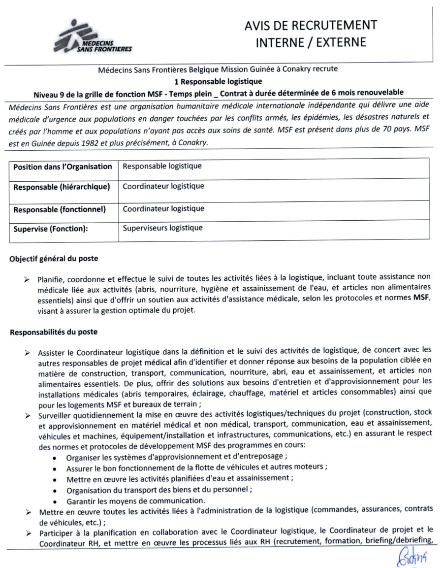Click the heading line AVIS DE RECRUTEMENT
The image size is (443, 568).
click(x=311, y=25)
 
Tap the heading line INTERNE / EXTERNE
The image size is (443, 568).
click(x=311, y=42)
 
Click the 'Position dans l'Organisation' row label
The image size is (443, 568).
click(x=63, y=167)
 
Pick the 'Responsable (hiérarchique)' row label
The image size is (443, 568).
click(x=62, y=187)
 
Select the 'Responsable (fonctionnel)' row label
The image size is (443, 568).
click(x=60, y=209)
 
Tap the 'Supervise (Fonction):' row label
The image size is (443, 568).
click(x=54, y=229)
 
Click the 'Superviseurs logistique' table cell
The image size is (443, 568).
click(x=162, y=228)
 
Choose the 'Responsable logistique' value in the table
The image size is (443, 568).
click(x=162, y=166)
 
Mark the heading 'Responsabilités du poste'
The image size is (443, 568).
click(x=54, y=332)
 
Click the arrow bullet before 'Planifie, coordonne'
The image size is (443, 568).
click(x=27, y=279)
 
